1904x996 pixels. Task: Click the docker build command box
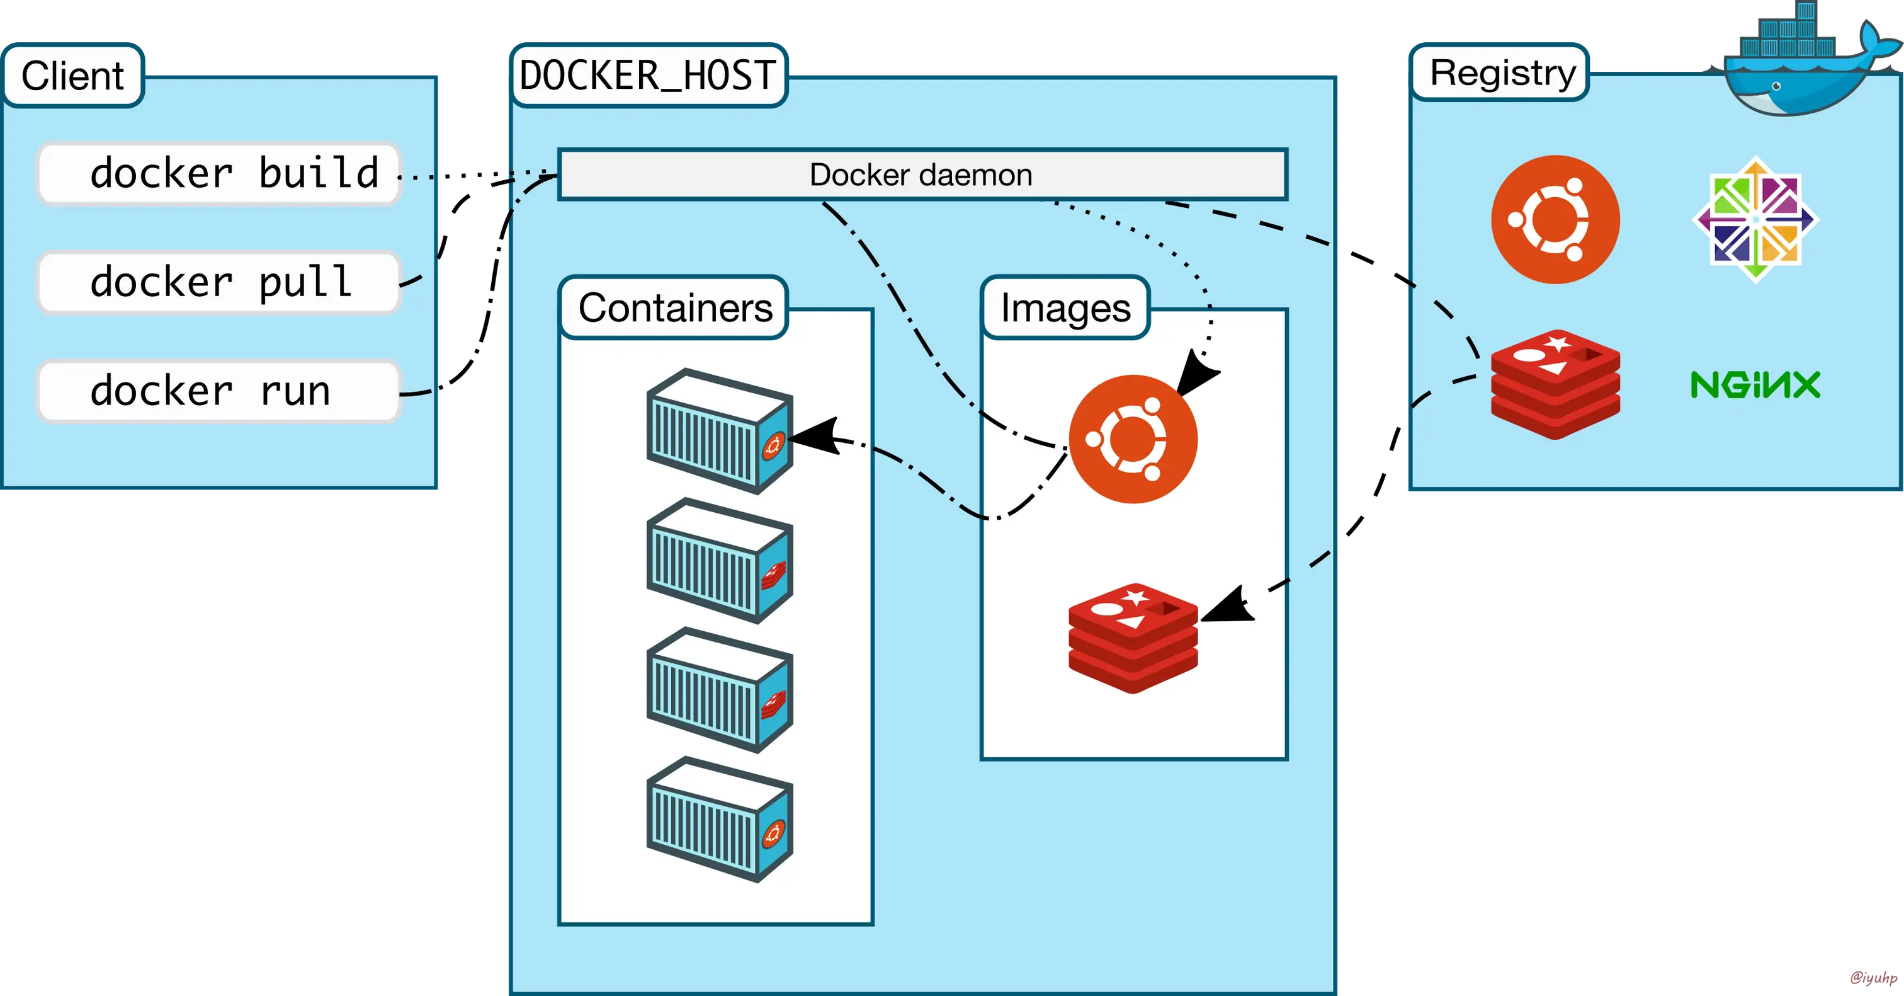[218, 174]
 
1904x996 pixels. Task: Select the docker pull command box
[218, 282]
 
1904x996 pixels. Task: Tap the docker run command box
[218, 391]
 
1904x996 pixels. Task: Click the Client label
[72, 76]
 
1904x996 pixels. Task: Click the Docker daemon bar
[922, 175]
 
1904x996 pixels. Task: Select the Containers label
[674, 308]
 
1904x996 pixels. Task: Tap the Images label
[1065, 308]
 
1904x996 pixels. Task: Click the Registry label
[1502, 73]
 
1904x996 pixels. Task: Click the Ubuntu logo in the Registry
[1555, 220]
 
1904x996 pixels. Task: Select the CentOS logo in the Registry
[1755, 220]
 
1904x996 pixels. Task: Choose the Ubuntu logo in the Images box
[1132, 439]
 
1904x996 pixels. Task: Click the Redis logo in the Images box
[1132, 638]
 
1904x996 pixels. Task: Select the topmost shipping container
[719, 432]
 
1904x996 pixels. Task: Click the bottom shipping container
[719, 819]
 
